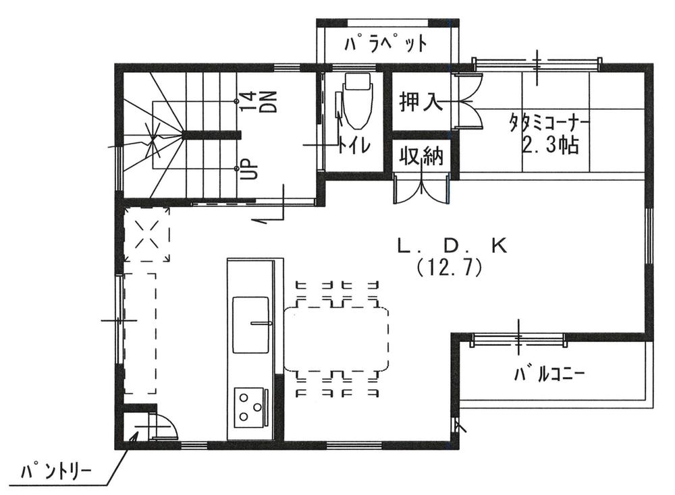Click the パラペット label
(x=385, y=45)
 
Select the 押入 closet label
(x=421, y=103)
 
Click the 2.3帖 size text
(x=551, y=145)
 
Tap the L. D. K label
(x=452, y=246)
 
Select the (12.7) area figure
(x=449, y=268)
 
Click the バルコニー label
(x=547, y=373)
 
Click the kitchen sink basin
(x=252, y=324)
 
